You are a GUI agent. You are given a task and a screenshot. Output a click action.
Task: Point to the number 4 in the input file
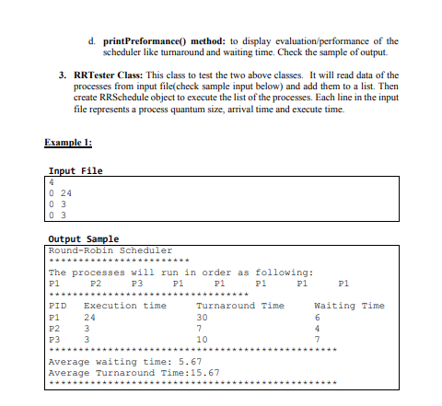coord(52,183)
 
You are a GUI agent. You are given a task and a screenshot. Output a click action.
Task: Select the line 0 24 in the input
coord(60,194)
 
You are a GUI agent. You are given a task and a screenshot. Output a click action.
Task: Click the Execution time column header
coord(124,306)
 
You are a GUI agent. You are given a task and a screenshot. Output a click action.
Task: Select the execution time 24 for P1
coord(89,317)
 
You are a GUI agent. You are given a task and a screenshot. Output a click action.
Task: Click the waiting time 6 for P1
coord(318,317)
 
